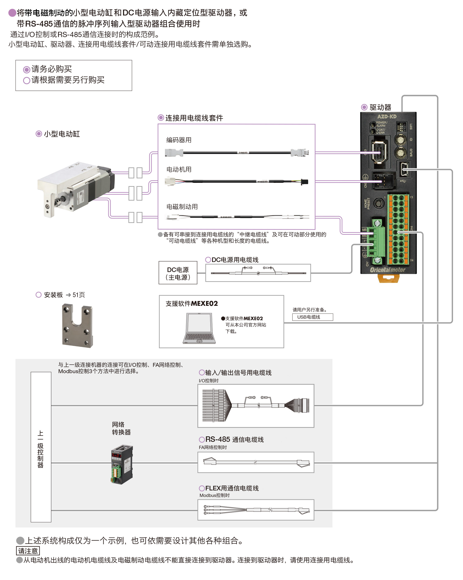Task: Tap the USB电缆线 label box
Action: coord(312,317)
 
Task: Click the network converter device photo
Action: coord(122,464)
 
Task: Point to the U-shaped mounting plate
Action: coord(77,325)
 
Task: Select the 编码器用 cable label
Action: coord(179,140)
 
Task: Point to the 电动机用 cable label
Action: coord(179,169)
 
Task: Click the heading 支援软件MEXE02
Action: coord(192,303)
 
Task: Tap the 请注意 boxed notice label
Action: coord(28,551)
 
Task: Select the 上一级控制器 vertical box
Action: coord(41,447)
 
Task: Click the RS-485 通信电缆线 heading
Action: coord(234,439)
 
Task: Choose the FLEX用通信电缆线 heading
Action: coord(232,488)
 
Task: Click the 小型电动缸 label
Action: coord(62,134)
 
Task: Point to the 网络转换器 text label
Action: coord(121,428)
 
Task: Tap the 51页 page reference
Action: coord(78,295)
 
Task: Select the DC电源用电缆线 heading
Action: coord(235,260)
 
